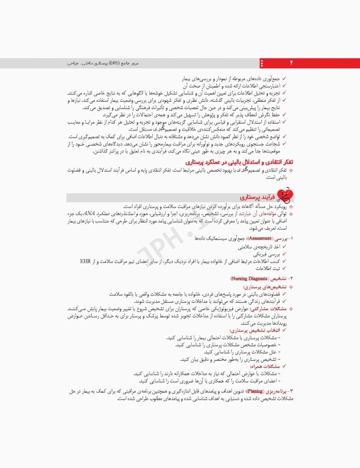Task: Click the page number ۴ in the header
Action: coord(291,63)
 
